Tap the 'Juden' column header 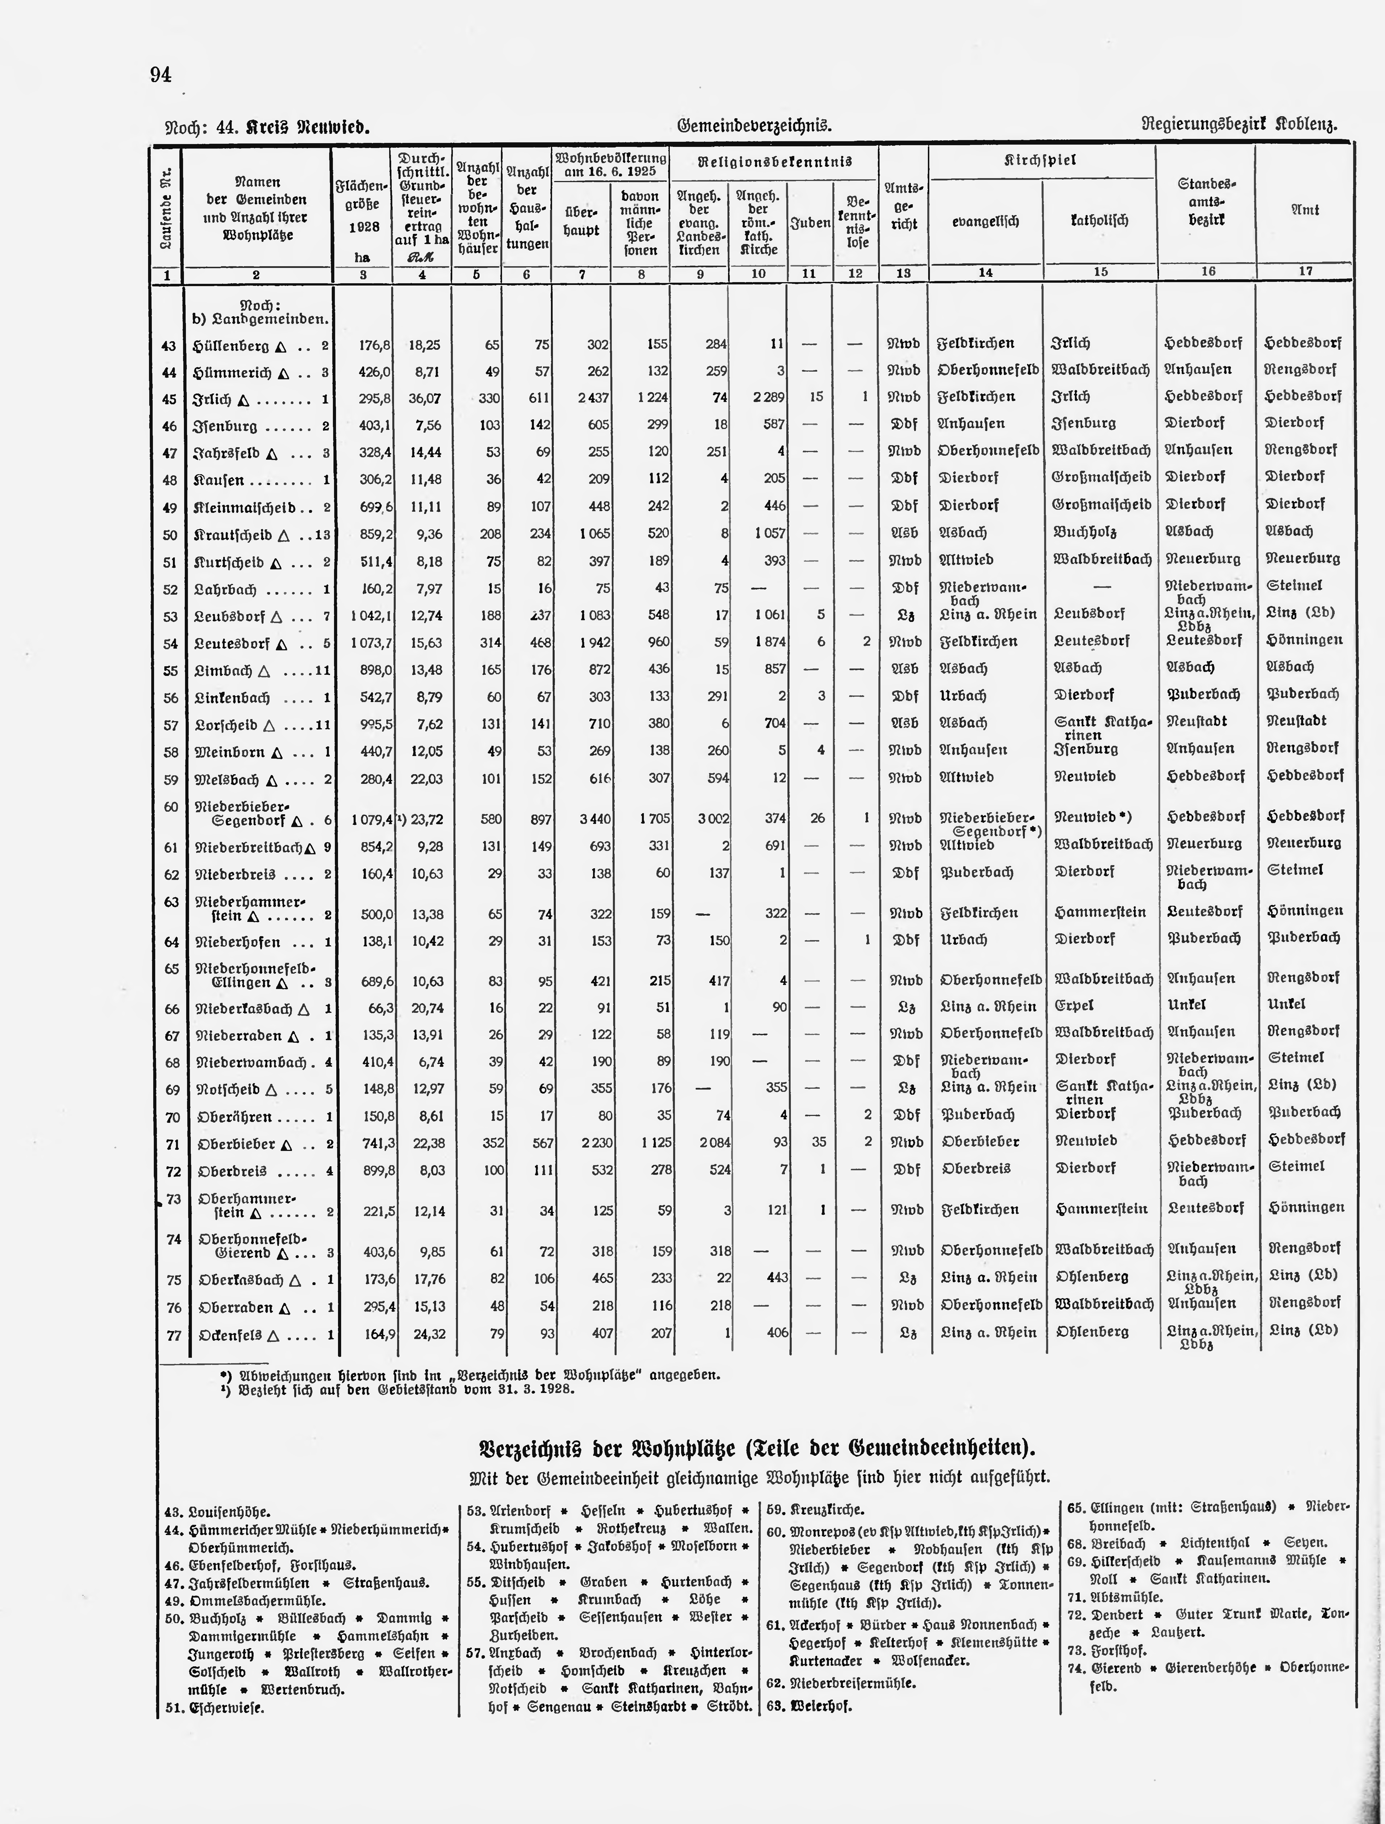pyautogui.click(x=810, y=223)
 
